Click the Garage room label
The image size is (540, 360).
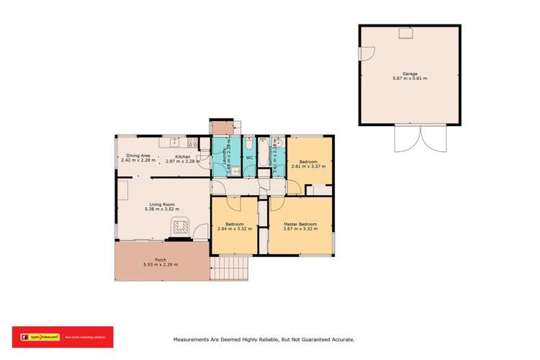[x=410, y=73]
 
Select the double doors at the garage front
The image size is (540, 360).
[x=410, y=138]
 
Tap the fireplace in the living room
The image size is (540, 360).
[x=180, y=228]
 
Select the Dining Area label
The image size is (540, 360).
[x=138, y=156]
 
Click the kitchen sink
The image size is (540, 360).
[x=175, y=143]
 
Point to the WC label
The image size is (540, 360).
[x=248, y=158]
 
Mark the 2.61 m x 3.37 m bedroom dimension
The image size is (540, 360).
[x=308, y=166]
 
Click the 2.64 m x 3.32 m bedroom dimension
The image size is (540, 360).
[x=235, y=229]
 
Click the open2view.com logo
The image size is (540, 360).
[x=36, y=336]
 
